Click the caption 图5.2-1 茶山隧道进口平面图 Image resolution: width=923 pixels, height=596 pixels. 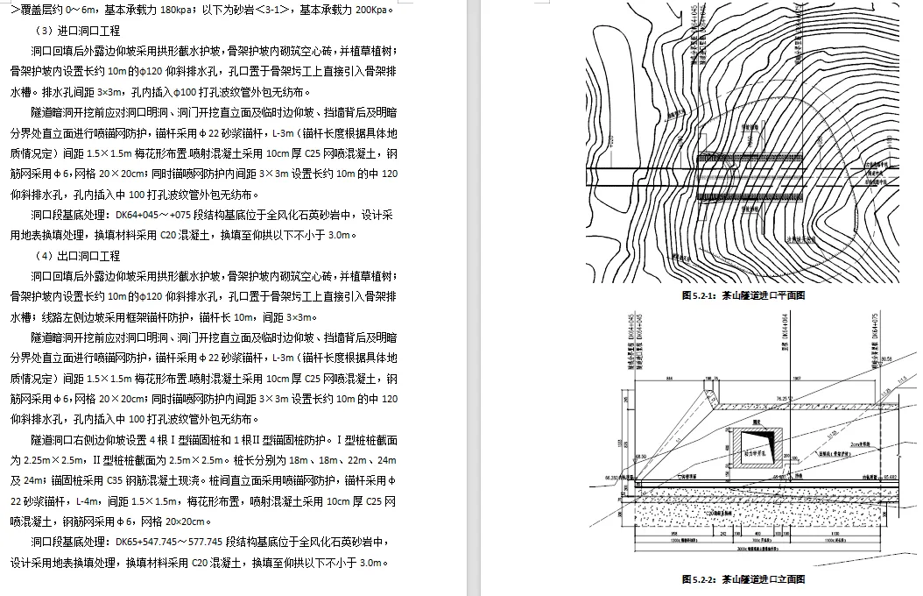[743, 296]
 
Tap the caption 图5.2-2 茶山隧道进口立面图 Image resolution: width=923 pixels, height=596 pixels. [743, 579]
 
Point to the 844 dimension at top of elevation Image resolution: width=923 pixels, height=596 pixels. [670, 379]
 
